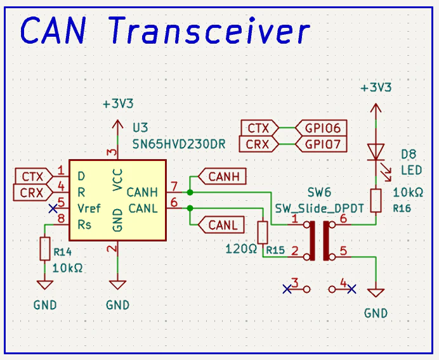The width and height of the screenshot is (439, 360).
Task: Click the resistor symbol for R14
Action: point(45,248)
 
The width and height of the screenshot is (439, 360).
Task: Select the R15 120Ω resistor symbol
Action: point(263,232)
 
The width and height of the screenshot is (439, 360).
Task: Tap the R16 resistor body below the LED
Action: point(376,200)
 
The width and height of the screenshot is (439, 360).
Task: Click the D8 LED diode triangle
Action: point(376,152)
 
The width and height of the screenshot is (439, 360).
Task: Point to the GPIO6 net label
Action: point(321,128)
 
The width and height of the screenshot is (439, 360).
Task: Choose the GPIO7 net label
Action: point(321,145)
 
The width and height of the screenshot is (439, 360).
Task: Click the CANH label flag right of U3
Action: point(222,176)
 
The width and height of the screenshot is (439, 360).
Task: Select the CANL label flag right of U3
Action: point(221,225)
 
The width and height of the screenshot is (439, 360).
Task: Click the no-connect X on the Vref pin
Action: point(53,209)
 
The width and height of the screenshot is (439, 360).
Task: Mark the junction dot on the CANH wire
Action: point(190,193)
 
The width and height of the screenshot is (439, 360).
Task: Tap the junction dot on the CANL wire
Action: point(190,209)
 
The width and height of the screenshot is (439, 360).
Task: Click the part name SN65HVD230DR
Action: point(179,145)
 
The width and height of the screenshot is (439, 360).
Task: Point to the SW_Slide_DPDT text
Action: point(320,209)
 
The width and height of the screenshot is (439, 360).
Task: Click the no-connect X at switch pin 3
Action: point(287,289)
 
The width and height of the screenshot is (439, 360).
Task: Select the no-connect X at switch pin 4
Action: point(351,289)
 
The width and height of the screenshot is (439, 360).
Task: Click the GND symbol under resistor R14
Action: point(45,285)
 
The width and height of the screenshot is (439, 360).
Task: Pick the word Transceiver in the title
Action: point(209,30)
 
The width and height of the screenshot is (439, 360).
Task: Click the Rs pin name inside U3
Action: point(84,224)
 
